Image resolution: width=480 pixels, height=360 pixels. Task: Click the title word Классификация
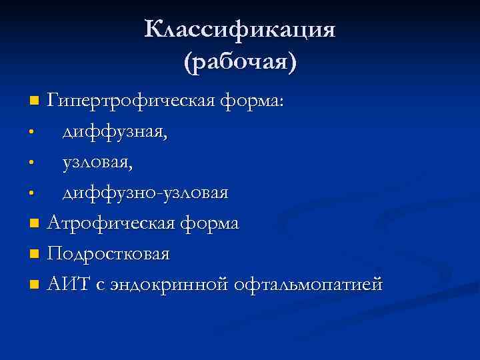[x=240, y=30]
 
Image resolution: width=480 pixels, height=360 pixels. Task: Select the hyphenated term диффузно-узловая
[x=145, y=193]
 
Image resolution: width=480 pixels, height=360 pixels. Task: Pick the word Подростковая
[x=109, y=254]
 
